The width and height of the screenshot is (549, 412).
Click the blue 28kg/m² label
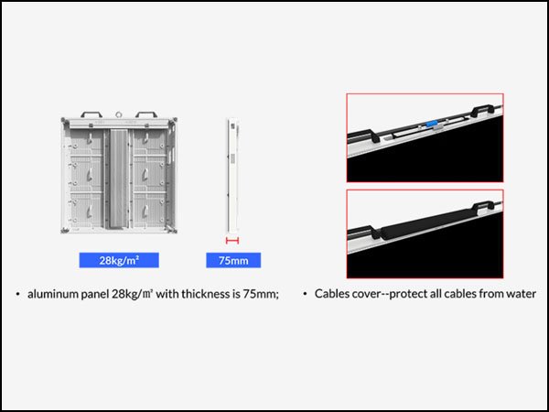[119, 260]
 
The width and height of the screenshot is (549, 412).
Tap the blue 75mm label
[233, 260]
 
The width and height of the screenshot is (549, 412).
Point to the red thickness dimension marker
[232, 240]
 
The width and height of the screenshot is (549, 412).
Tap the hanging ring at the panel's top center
[119, 114]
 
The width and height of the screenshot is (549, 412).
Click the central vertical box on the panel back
[118, 177]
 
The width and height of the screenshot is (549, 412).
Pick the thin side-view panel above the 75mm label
[232, 175]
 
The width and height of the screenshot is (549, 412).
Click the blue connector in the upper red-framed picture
[432, 123]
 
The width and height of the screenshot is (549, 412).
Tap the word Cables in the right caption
[332, 294]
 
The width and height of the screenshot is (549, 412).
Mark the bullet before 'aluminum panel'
[17, 294]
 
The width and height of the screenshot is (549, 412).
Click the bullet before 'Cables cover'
[306, 294]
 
